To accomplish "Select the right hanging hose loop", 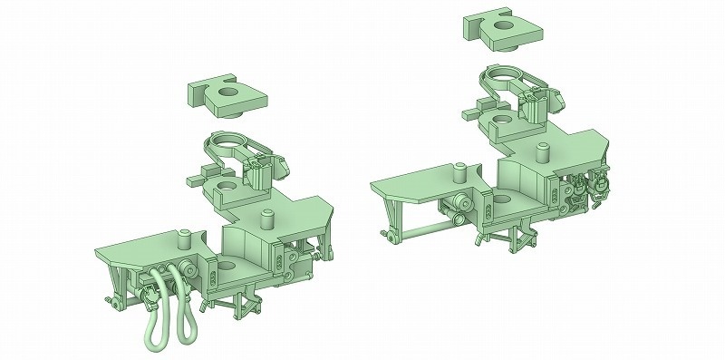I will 188,309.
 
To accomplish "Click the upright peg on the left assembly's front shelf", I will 184,238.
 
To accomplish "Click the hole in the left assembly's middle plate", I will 223,186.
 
